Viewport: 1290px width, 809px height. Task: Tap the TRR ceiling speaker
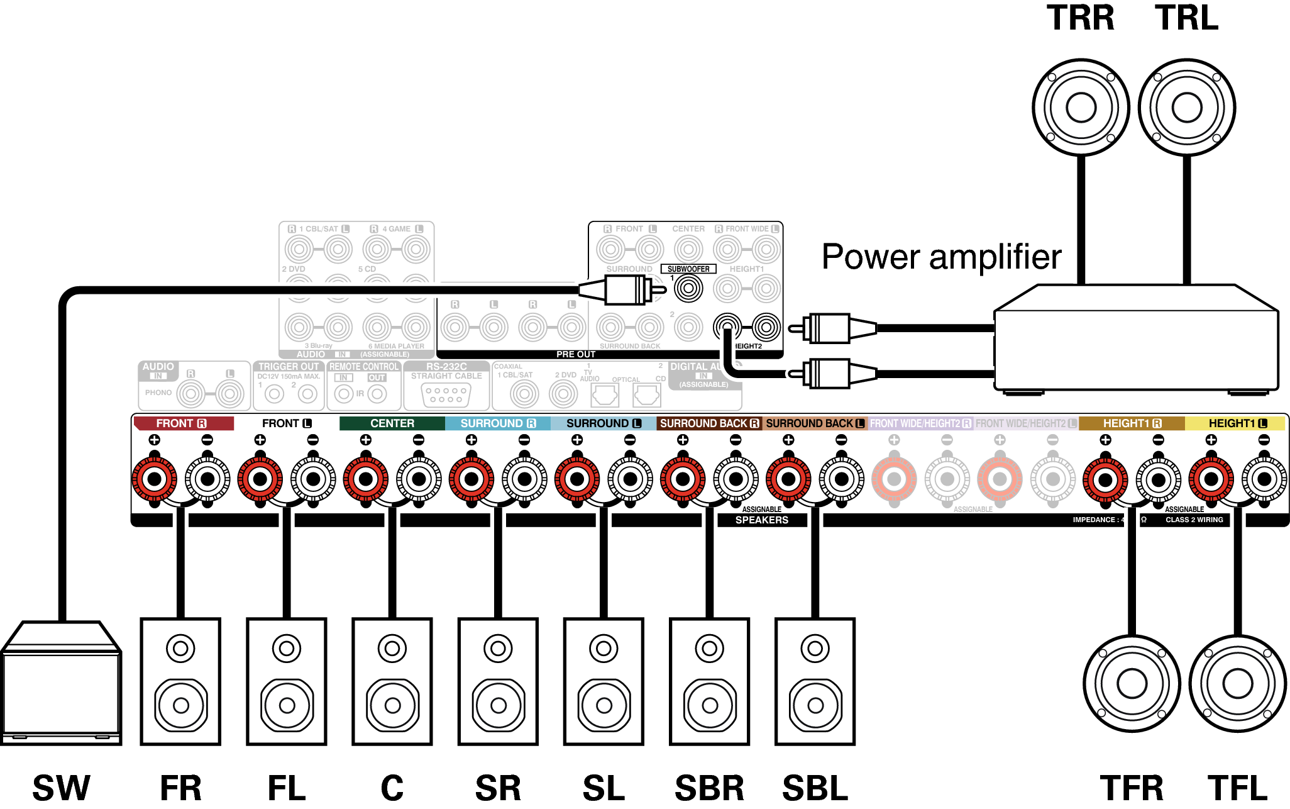pos(1081,108)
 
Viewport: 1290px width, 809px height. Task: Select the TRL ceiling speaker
pos(1186,108)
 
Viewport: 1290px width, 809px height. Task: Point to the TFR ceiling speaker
pos(1132,683)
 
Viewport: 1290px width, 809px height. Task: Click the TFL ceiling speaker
pos(1238,683)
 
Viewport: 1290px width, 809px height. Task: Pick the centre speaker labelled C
pos(392,681)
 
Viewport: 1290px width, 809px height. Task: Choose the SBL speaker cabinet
pos(815,681)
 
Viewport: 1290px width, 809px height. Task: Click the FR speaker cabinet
pos(180,681)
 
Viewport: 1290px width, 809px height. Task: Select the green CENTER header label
pos(392,423)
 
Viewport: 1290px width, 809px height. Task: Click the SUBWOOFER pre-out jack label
pos(688,269)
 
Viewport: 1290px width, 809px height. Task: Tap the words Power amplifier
pos(941,257)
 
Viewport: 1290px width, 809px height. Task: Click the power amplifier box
pos(1135,343)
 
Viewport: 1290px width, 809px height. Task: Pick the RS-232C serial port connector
pos(446,394)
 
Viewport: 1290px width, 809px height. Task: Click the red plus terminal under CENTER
pos(366,479)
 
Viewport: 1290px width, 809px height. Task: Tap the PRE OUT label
pos(575,354)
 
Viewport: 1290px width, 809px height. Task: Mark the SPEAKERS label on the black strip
pos(761,520)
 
